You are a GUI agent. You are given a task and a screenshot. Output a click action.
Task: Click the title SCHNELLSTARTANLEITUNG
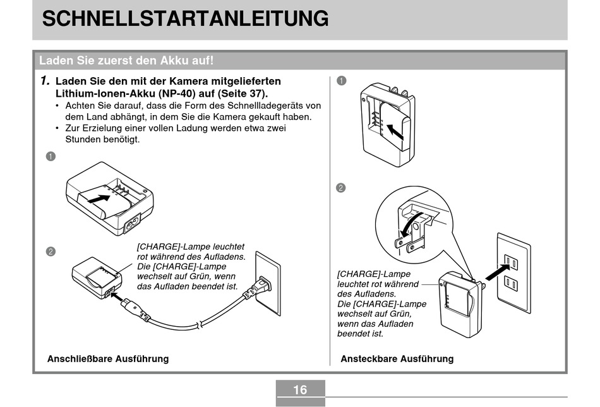(185, 18)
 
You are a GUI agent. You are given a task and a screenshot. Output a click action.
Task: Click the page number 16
(300, 390)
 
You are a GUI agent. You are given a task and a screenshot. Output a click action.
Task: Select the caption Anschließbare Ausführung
(108, 359)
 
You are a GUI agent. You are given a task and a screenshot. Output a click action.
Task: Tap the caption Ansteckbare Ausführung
(397, 359)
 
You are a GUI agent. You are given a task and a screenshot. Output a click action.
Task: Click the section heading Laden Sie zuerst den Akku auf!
(126, 61)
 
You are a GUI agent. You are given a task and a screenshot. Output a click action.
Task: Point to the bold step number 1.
(44, 81)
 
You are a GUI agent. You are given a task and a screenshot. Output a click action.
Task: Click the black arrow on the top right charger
(395, 132)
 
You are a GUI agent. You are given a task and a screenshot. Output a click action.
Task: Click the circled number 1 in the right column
(341, 81)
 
